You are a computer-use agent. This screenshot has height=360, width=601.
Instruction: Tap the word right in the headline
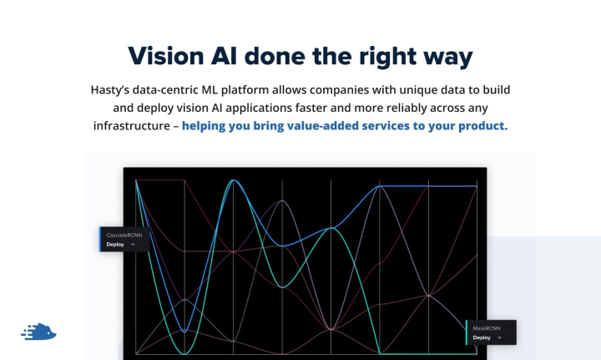386,56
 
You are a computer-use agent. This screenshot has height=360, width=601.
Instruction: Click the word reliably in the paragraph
404,108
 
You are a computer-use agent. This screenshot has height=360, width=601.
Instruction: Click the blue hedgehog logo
38,332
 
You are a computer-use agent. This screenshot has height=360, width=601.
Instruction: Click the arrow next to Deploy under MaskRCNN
499,338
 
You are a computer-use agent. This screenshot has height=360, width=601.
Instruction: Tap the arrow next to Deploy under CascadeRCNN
133,245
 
